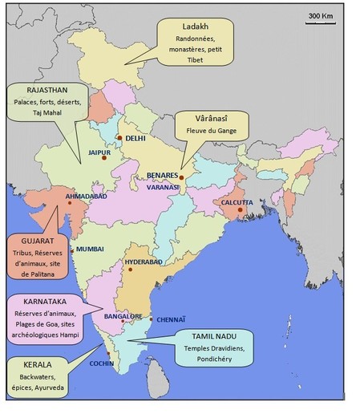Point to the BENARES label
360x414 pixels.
163,174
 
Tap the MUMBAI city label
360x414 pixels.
91,250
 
